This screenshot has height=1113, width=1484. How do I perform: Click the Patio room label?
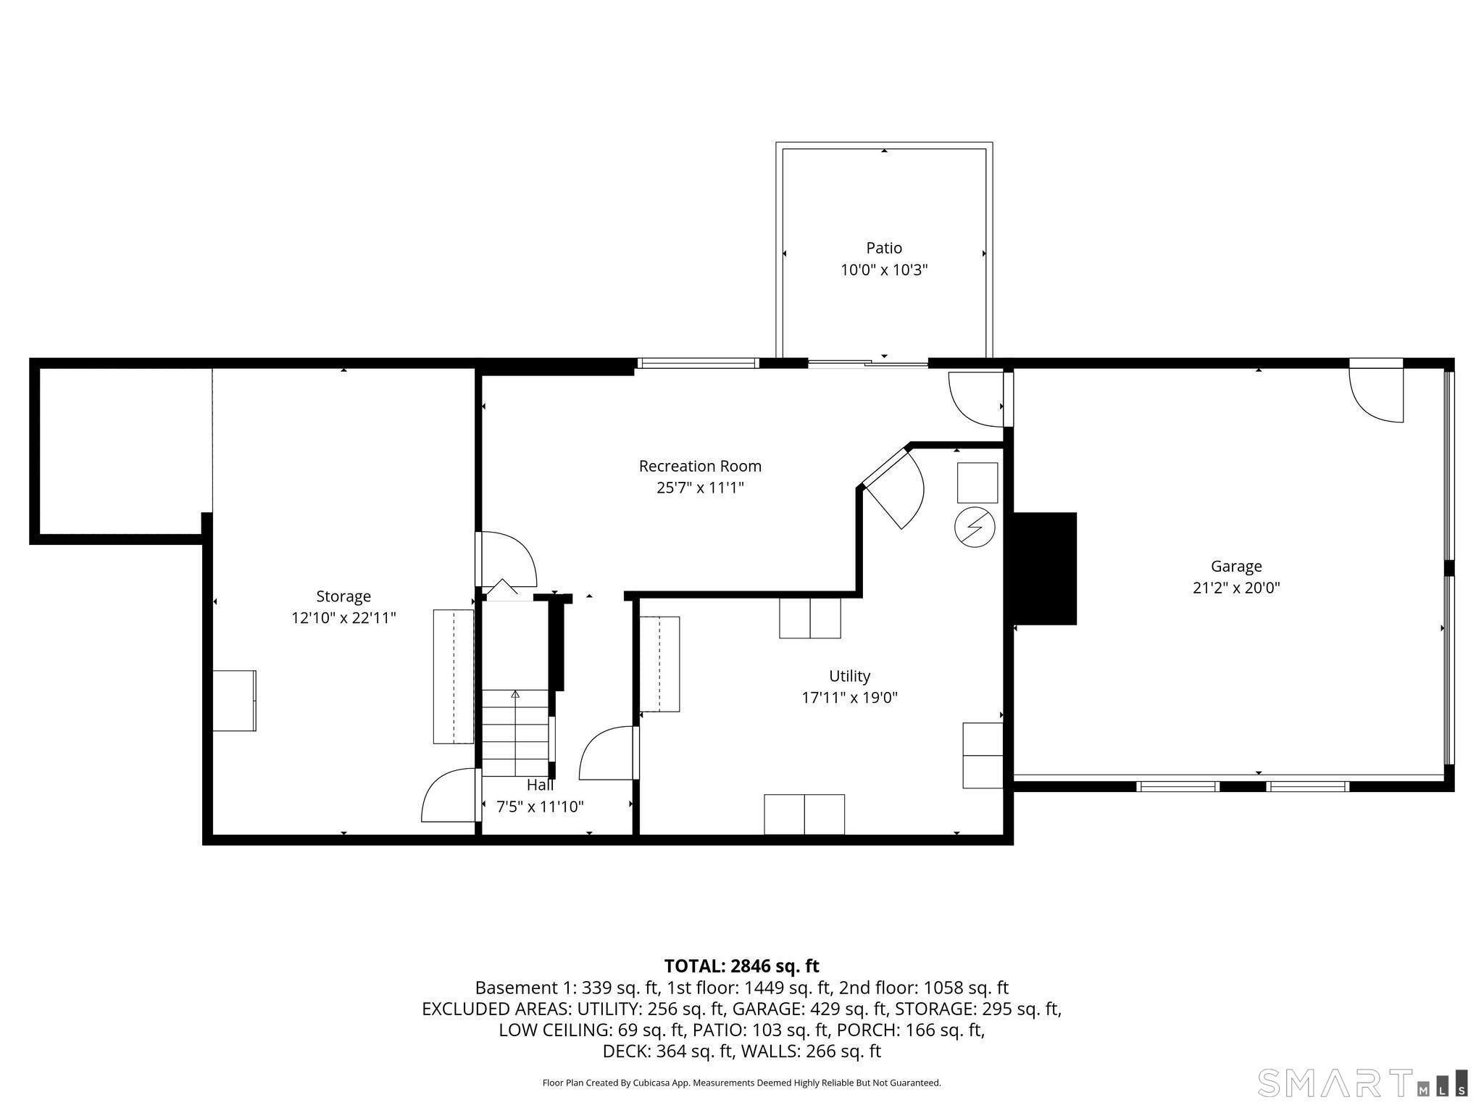coord(884,248)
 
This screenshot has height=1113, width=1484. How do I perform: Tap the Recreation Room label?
coord(700,466)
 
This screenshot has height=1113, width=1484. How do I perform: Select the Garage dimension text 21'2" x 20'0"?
coord(1236,588)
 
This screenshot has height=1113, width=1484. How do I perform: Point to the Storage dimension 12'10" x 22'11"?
coord(343,618)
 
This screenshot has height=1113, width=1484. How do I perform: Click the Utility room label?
coord(849,676)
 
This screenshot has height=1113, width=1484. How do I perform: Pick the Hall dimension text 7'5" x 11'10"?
coord(540,806)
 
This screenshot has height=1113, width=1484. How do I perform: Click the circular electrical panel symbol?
coord(975,527)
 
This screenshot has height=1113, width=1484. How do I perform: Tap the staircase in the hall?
coord(515,733)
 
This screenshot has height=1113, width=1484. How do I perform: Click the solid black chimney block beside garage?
coord(1044,569)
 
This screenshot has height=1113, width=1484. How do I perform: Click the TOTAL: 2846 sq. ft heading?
coord(741,966)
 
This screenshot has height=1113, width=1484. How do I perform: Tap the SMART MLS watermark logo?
coord(1363,1083)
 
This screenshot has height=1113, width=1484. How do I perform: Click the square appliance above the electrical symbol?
coord(977,483)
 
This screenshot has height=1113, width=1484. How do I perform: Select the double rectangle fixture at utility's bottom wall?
coord(804,814)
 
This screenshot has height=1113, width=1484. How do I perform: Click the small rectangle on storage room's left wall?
coord(234,701)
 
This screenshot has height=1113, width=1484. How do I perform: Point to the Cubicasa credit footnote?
coord(741,1083)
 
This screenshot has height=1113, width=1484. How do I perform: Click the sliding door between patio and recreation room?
coord(868,364)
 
